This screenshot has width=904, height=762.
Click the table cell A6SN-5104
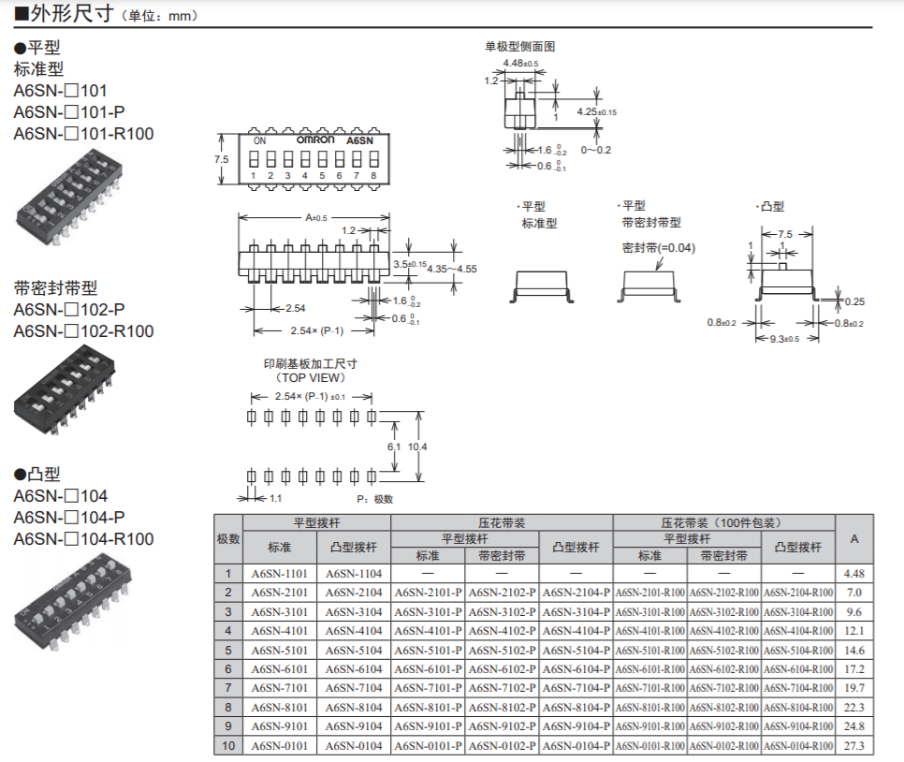[x=354, y=650]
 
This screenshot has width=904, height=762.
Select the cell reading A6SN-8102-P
[x=502, y=707]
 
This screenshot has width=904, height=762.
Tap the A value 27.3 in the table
[x=853, y=746]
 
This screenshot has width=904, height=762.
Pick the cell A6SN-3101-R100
[x=649, y=612]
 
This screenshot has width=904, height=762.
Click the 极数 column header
[x=228, y=539]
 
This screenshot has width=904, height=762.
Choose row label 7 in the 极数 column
[x=228, y=688]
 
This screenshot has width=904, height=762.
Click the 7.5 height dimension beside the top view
[x=222, y=159]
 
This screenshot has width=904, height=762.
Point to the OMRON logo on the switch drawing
[x=315, y=139]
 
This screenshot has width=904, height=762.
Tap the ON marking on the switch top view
[x=259, y=140]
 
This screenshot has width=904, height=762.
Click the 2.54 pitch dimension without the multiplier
[x=295, y=308]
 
